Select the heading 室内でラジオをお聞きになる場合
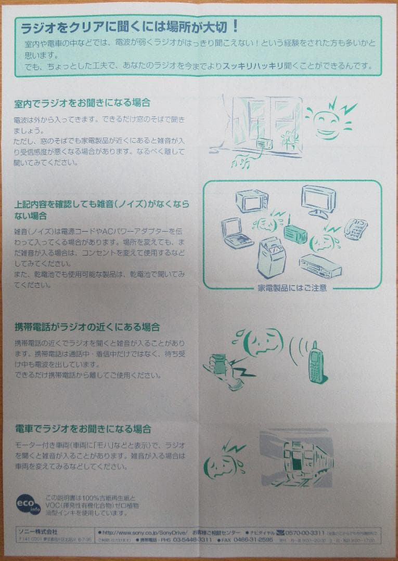coord(82,103)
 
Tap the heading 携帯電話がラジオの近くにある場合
coord(87,327)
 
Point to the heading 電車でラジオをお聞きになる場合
coord(83,429)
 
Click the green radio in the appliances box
coord(297,233)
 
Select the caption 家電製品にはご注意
coord(292,288)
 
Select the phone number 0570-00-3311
coord(306,533)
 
